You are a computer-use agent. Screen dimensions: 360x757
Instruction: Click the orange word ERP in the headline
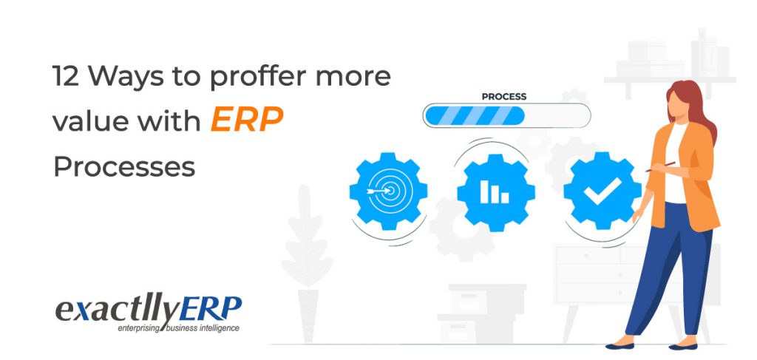coord(247,120)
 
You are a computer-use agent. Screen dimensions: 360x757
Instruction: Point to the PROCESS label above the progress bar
coord(504,96)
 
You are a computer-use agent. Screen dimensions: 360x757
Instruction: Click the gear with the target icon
coord(388,191)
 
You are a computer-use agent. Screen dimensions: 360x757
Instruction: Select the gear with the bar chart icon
coord(495,191)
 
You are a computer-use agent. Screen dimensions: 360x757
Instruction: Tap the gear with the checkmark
coord(602,191)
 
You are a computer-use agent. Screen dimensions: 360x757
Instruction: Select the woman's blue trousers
coord(669,274)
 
